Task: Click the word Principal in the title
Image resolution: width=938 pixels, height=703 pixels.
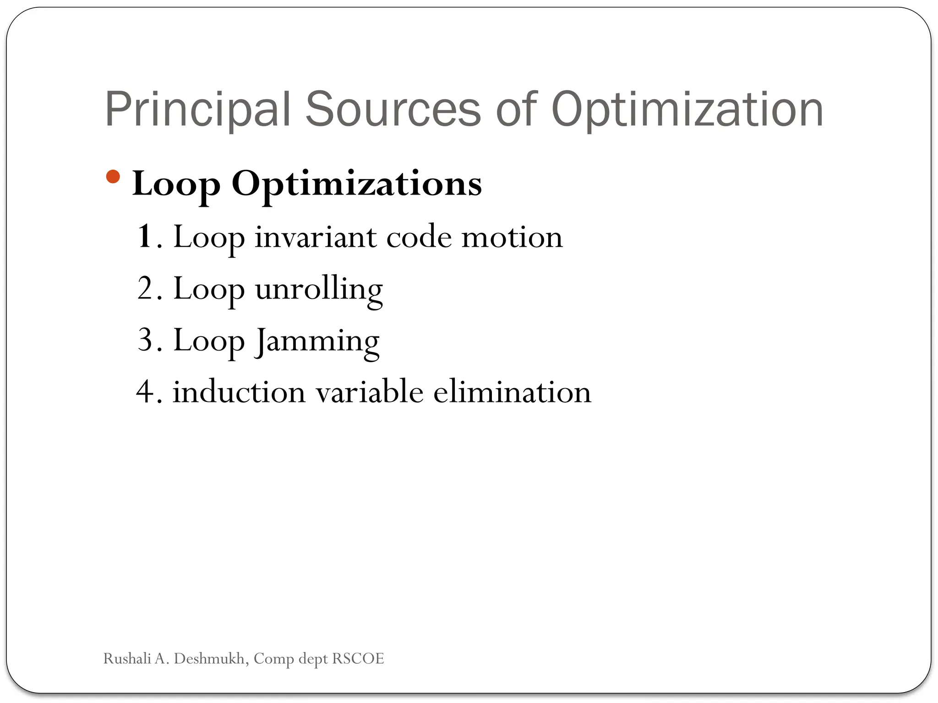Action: coord(198,110)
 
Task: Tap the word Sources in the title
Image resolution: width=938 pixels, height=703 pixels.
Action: coord(393,110)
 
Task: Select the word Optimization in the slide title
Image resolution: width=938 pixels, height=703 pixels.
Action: coord(687,110)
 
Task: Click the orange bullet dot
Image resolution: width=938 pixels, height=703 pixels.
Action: coord(113,177)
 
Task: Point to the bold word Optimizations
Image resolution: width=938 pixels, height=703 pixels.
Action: coord(356,184)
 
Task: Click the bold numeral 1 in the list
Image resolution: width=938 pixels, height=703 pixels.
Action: coord(146,237)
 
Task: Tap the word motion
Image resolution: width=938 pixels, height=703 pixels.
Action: coord(512,238)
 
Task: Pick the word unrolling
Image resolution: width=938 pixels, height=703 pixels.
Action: coord(319,290)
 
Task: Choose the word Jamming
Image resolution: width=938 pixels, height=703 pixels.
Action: coord(317,341)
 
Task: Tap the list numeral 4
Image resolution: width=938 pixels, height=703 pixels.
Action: coord(146,392)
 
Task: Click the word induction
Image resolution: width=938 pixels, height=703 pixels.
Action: coord(239,392)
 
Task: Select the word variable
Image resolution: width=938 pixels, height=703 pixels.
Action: coord(370,392)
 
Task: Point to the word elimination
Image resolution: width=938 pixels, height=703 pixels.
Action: coord(512,392)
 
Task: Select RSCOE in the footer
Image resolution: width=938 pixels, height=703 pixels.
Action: coord(358,659)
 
